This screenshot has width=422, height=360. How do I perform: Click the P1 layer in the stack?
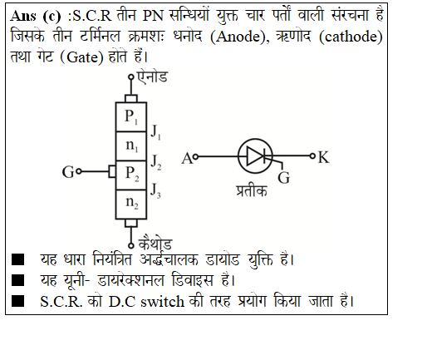pyautogui.click(x=131, y=116)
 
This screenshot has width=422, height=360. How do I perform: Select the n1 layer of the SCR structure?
pyautogui.click(x=131, y=146)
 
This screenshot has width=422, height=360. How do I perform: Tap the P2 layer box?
pyautogui.click(x=131, y=175)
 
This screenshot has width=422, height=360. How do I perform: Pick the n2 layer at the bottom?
pyautogui.click(x=131, y=205)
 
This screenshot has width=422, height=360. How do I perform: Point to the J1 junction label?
pyautogui.click(x=156, y=132)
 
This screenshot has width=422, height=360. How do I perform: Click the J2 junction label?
pyautogui.click(x=156, y=162)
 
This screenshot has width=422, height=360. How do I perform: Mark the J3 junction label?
pyautogui.click(x=155, y=190)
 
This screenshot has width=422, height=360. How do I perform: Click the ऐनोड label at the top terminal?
pyautogui.click(x=152, y=76)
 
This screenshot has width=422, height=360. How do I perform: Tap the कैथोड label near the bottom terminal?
pyautogui.click(x=155, y=243)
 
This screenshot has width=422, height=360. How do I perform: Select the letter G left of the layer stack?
pyautogui.click(x=68, y=172)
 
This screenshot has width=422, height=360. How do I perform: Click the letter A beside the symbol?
pyautogui.click(x=187, y=159)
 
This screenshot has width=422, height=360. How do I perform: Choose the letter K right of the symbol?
pyautogui.click(x=324, y=157)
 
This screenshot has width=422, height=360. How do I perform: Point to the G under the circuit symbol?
pyautogui.click(x=284, y=178)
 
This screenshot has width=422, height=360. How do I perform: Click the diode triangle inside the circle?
pyautogui.click(x=255, y=156)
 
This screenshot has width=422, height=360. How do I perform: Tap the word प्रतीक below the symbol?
pyautogui.click(x=252, y=190)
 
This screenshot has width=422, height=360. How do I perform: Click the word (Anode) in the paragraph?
pyautogui.click(x=240, y=37)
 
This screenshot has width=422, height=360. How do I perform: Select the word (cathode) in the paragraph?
pyautogui.click(x=351, y=37)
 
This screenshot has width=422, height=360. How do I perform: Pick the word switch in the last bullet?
pyautogui.click(x=162, y=301)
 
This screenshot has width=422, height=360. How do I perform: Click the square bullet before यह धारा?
pyautogui.click(x=17, y=259)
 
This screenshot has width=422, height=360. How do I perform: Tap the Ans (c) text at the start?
pyautogui.click(x=36, y=16)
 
